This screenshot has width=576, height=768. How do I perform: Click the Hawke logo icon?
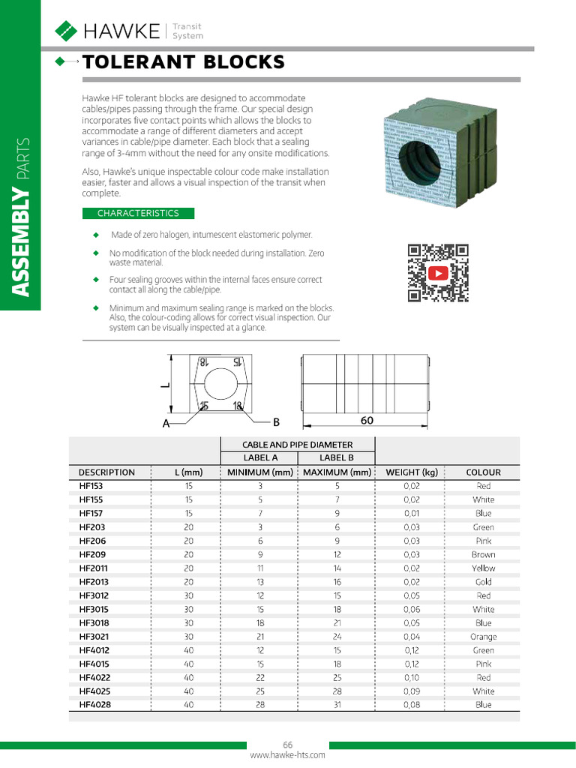[66, 31]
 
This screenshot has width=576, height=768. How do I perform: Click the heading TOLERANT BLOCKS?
[184, 62]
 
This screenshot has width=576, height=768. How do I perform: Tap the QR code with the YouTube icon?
[438, 273]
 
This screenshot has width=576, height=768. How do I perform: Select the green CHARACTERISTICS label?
[138, 213]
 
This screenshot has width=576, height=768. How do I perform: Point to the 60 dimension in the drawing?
[367, 421]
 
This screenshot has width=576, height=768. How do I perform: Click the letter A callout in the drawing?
[166, 424]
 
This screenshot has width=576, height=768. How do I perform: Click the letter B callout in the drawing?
[275, 422]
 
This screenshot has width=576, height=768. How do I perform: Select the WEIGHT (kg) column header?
[411, 472]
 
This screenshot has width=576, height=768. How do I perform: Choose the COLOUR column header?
[483, 472]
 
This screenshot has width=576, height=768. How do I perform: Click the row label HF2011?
[94, 568]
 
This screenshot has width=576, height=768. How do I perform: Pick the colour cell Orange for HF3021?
[483, 637]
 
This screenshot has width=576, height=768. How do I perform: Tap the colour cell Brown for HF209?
[483, 555]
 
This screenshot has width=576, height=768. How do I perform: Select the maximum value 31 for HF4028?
[337, 705]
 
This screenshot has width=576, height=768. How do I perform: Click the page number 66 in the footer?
[287, 745]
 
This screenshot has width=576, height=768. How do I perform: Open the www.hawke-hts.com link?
[287, 755]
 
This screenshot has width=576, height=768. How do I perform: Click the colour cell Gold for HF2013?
[483, 582]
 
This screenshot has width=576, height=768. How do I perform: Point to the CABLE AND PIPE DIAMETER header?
[298, 444]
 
